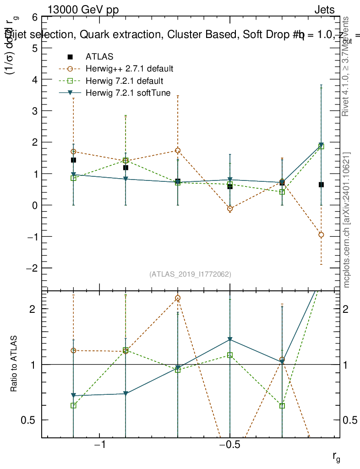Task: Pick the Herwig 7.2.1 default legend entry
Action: point(124,81)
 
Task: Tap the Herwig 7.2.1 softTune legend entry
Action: point(128,93)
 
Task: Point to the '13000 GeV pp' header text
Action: point(83,10)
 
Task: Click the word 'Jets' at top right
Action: point(324,10)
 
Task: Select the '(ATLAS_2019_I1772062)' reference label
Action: point(190,274)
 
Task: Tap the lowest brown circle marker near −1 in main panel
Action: point(321,235)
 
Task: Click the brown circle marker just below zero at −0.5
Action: point(230,209)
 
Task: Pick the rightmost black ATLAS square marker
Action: point(322,185)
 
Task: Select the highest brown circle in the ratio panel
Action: point(178,298)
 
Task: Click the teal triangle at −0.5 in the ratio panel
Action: point(230,339)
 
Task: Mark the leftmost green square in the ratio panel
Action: point(73,405)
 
